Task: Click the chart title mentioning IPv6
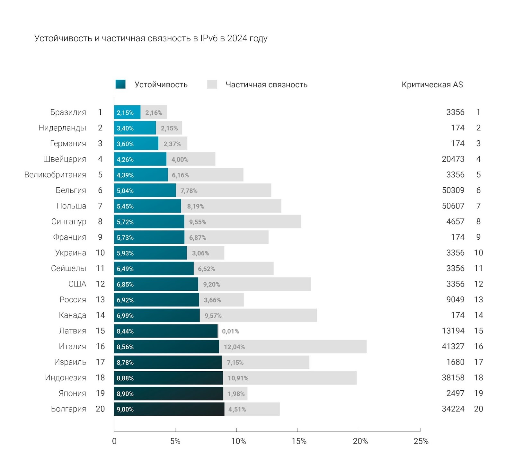coord(151,38)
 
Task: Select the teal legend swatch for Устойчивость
coord(120,84)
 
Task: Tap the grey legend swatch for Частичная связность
coord(212,84)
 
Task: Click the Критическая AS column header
coord(432,84)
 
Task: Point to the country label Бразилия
coord(68,112)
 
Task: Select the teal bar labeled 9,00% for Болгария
coord(169,409)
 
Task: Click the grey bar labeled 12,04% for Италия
coord(293,347)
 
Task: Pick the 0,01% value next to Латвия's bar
coord(230,331)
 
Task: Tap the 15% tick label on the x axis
coord(299,441)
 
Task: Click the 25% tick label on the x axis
coord(421,441)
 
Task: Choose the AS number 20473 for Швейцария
coord(453,159)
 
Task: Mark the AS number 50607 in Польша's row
coord(453,206)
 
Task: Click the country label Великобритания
coord(55,175)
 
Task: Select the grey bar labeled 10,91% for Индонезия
coord(289,378)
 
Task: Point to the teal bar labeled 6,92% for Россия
coord(156,300)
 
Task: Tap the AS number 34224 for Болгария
coord(453,409)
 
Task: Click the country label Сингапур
coord(69,222)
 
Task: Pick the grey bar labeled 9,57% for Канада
coord(258,315)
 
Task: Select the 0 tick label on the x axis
coord(114,441)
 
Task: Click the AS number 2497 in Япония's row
coord(455,393)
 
